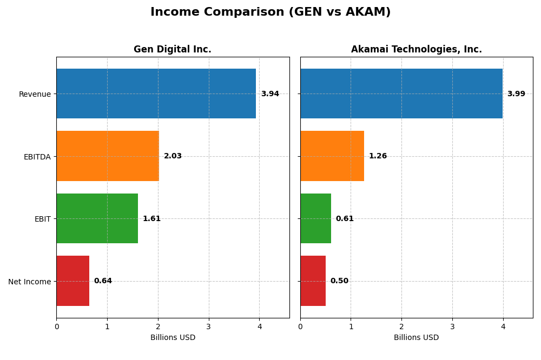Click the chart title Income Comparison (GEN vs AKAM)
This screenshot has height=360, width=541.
pos(270,12)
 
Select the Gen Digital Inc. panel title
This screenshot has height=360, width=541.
pos(173,50)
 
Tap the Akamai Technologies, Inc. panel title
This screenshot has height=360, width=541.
pos(416,50)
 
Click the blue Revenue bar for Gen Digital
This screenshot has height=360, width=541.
pos(156,94)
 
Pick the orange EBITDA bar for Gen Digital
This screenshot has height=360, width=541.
pos(108,156)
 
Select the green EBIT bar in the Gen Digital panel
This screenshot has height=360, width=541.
pos(97,218)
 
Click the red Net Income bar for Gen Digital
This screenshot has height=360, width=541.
pos(72,281)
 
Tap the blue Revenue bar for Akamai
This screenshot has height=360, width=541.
pos(401,94)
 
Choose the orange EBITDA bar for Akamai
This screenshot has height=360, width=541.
pos(332,156)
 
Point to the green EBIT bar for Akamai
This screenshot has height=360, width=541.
pos(315,218)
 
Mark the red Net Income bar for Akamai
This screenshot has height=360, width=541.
pos(313,281)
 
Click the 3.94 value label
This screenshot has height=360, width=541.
pos(270,94)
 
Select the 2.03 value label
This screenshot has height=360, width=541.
pos(173,156)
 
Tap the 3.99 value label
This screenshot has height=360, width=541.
pos(516,94)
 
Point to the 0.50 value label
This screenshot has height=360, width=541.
pos(339,281)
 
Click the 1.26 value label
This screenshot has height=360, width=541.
pos(378,156)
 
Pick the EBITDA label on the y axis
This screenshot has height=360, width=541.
pos(37,157)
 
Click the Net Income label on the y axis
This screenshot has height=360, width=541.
pos(30,282)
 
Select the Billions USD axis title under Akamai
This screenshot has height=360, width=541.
pos(416,338)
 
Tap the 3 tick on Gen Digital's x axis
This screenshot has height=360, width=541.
pos(208,326)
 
